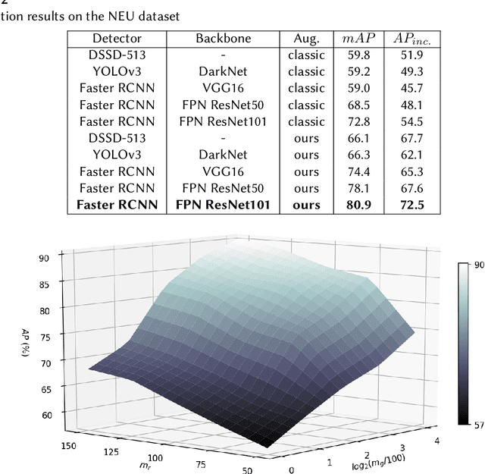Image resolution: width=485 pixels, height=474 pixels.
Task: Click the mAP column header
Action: pyautogui.click(x=357, y=38)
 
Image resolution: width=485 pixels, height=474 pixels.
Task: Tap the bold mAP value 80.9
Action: pyautogui.click(x=357, y=204)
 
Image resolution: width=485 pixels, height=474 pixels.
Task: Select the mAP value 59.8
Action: pyautogui.click(x=357, y=55)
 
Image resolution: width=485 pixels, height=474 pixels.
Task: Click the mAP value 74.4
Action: pyautogui.click(x=357, y=171)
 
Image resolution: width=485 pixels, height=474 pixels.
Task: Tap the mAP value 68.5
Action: pyautogui.click(x=357, y=105)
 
